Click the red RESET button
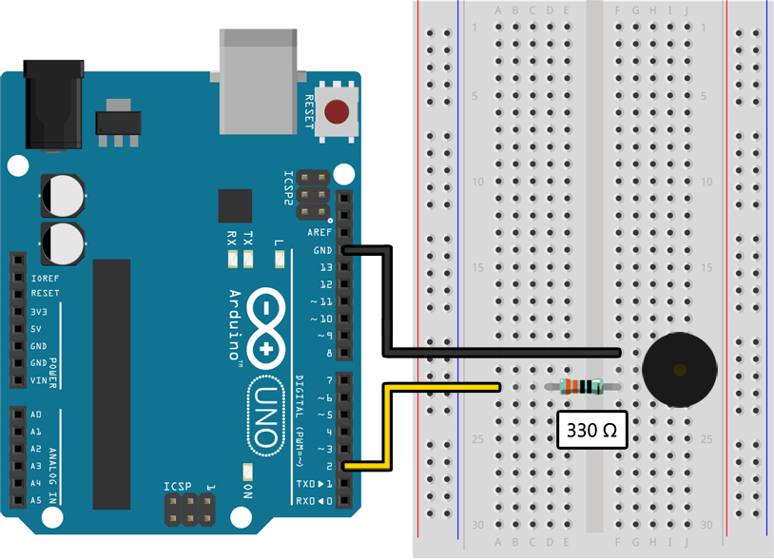(x=336, y=113)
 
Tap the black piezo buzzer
(x=678, y=371)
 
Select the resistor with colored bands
(x=583, y=386)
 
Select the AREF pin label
(x=319, y=233)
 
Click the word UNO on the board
(x=265, y=419)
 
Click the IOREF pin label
(x=46, y=278)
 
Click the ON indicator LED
(x=246, y=473)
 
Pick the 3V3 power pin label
(x=39, y=312)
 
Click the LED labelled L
(x=278, y=258)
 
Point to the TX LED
(x=248, y=258)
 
